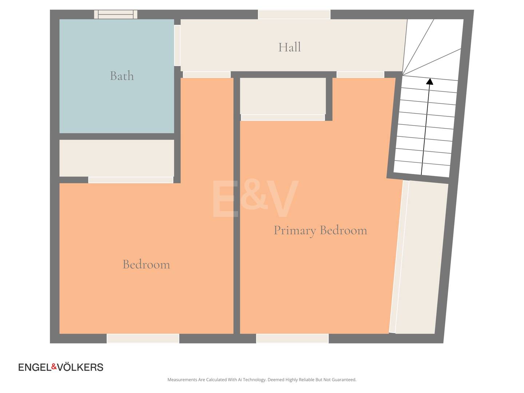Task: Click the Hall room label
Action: [289, 47]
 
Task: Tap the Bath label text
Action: [122, 76]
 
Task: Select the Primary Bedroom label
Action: [320, 231]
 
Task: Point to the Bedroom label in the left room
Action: [146, 265]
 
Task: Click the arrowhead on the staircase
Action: [430, 82]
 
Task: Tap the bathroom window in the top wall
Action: [116, 14]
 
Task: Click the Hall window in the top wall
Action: [294, 14]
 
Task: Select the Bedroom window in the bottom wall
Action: [143, 338]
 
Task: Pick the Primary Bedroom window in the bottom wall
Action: [293, 338]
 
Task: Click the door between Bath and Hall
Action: [177, 45]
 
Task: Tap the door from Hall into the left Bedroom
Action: [207, 75]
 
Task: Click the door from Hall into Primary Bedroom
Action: [360, 75]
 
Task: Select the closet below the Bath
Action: [116, 158]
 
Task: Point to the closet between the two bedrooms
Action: [283, 96]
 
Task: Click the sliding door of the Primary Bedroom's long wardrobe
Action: [399, 257]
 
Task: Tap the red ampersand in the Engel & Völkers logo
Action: [54, 366]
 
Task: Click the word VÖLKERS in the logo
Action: [80, 367]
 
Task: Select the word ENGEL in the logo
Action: [35, 367]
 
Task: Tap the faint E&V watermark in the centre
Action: [255, 199]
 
